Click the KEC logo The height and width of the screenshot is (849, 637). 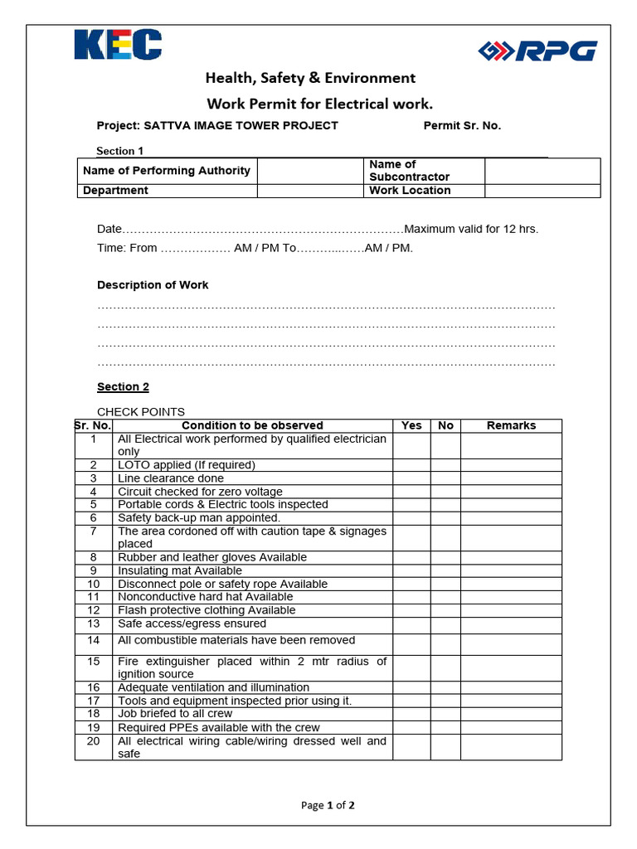click(x=118, y=45)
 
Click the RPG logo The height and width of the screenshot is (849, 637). click(x=537, y=51)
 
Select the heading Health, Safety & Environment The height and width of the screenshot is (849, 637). click(x=310, y=78)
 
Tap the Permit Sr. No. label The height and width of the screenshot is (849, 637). click(x=462, y=126)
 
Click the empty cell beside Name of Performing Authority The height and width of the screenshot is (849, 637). click(x=310, y=171)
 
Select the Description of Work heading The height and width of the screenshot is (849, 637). click(x=153, y=285)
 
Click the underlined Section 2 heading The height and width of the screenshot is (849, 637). click(x=123, y=387)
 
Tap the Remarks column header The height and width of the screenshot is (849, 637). click(x=511, y=425)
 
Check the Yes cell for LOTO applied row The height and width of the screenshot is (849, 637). click(x=411, y=465)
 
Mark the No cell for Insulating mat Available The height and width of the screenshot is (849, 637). click(x=445, y=570)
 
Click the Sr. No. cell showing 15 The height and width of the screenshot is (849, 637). click(x=94, y=662)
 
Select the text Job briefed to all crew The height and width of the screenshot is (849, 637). click(x=175, y=714)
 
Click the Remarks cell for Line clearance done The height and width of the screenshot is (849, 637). click(x=511, y=478)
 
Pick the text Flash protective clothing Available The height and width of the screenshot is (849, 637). click(x=207, y=610)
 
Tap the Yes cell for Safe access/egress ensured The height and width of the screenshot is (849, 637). click(x=411, y=623)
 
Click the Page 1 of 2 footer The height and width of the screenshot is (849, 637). click(x=328, y=805)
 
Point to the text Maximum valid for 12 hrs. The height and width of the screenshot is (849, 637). click(x=471, y=230)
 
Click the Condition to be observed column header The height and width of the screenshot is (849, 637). click(x=252, y=425)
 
